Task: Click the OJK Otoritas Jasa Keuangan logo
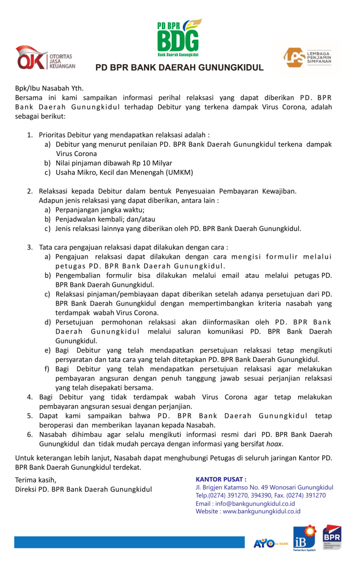tap(45, 58)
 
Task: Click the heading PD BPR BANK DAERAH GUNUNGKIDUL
tap(179, 68)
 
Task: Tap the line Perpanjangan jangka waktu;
tap(100, 210)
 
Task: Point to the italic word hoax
tap(275, 444)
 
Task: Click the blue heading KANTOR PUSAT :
tap(221, 479)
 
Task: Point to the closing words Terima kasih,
tap(36, 480)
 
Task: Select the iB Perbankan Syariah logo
tap(305, 538)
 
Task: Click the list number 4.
tap(29, 397)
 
